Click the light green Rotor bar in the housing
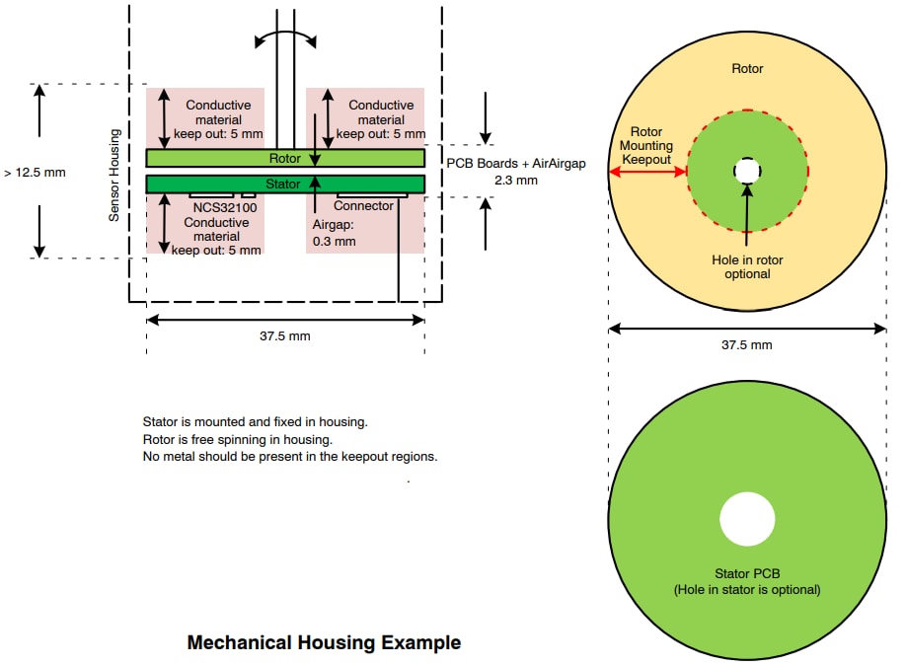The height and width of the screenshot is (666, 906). click(x=217, y=158)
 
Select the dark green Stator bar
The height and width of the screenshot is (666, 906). click(x=217, y=184)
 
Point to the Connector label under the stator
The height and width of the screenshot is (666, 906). click(x=363, y=206)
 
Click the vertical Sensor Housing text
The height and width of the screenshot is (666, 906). click(x=114, y=174)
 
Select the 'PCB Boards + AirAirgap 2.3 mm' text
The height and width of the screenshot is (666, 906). click(x=516, y=172)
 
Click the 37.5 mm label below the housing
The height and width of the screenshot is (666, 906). click(x=285, y=335)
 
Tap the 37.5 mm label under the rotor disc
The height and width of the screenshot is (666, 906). click(x=747, y=344)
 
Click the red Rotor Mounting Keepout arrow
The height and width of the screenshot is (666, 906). click(x=648, y=172)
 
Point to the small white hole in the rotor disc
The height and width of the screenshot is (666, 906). click(x=747, y=172)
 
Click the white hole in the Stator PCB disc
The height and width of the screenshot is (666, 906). click(x=747, y=520)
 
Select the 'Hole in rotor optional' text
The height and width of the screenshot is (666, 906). click(x=747, y=266)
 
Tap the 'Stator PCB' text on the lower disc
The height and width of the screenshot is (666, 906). click(x=747, y=573)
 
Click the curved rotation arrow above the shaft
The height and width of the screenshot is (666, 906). click(x=285, y=37)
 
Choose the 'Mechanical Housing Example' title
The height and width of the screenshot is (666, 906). click(x=324, y=643)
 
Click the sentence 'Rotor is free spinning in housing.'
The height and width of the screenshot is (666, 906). click(x=237, y=439)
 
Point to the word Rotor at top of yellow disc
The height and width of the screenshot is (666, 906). click(x=747, y=69)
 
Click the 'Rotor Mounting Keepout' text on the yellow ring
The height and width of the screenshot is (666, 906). click(x=646, y=145)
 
